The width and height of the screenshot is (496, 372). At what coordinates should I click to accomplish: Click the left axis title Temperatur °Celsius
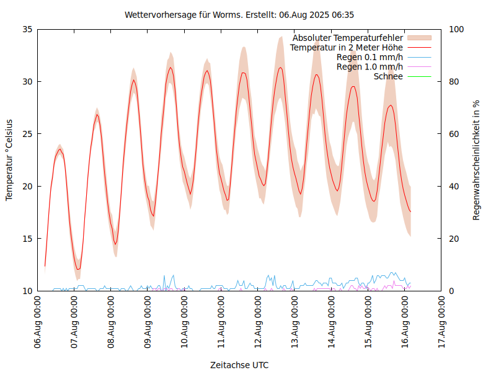coord(9,159)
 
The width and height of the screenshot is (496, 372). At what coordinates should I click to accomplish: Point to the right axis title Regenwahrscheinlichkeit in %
coord(477,160)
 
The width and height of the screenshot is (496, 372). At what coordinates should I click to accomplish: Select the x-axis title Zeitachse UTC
coord(239,365)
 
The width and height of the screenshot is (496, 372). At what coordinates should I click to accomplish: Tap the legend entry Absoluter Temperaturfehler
coord(348,38)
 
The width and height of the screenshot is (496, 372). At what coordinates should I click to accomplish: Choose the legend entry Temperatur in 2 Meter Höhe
coord(347,48)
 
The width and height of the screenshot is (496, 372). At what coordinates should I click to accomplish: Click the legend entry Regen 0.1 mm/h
coord(370,57)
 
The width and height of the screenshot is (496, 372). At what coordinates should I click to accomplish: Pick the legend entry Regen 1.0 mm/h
coord(370,67)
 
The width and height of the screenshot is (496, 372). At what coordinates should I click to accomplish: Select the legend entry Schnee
coord(389,76)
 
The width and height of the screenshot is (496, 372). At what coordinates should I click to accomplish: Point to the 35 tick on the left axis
coord(27,29)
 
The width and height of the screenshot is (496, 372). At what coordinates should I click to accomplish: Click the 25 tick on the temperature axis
coord(27,134)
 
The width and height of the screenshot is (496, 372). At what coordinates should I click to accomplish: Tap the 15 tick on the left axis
coord(27,239)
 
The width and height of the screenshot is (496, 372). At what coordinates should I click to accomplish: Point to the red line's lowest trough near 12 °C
coord(78,269)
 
